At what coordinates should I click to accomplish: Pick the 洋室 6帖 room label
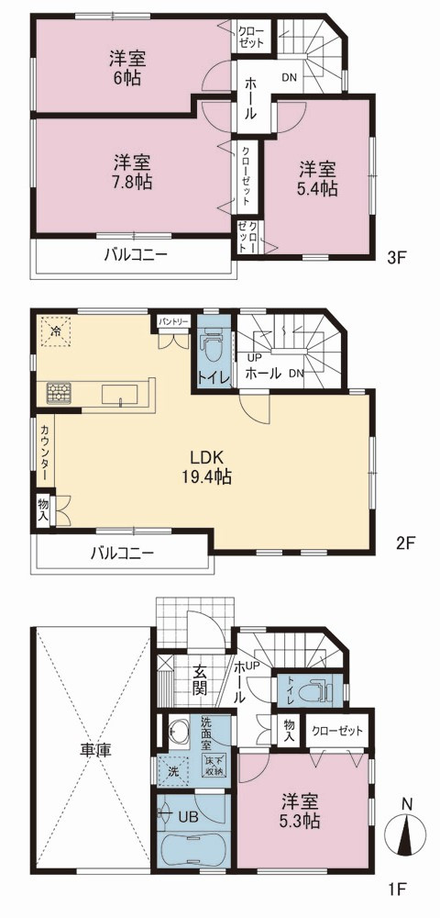click(126, 68)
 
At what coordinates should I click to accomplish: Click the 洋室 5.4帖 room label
click(318, 180)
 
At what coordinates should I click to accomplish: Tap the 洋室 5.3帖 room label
click(302, 810)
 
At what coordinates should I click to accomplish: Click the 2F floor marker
click(404, 543)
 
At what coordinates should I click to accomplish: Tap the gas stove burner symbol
click(59, 391)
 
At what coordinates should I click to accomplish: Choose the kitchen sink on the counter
click(120, 394)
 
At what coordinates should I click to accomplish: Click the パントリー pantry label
click(173, 321)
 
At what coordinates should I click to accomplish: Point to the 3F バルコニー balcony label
click(137, 255)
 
